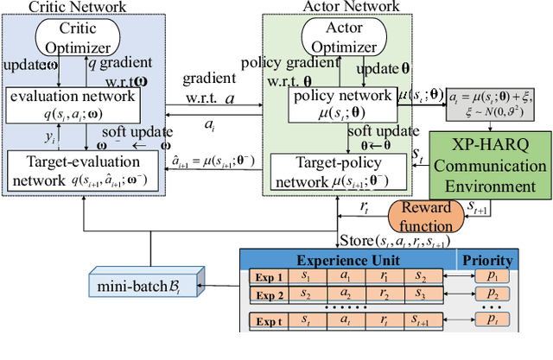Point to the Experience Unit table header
point(351,260)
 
